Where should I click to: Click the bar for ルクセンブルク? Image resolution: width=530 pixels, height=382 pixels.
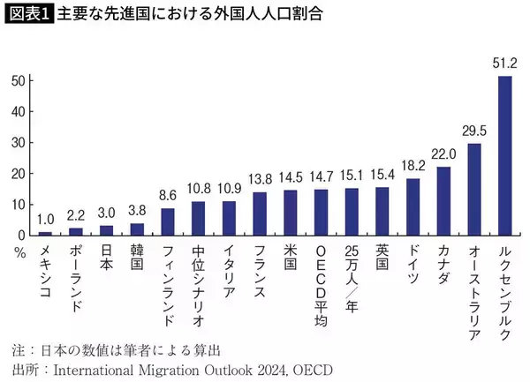tap(504, 155)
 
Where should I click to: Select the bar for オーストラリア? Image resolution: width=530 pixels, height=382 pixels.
tap(474, 189)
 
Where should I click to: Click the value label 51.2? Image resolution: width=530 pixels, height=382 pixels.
tap(504, 64)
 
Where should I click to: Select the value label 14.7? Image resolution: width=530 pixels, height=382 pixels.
tap(321, 177)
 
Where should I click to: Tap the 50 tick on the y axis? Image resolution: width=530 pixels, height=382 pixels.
tap(19, 80)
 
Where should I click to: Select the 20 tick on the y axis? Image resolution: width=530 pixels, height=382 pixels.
tap(19, 173)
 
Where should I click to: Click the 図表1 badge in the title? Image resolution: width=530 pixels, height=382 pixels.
tap(29, 15)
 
